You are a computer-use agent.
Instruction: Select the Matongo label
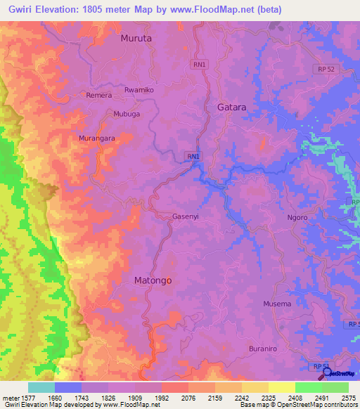(x=153, y=280)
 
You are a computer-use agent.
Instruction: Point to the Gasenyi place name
(x=186, y=217)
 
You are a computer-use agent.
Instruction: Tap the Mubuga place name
(x=127, y=113)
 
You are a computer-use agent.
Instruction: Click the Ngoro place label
(x=297, y=218)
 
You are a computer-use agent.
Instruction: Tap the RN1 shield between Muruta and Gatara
(x=200, y=64)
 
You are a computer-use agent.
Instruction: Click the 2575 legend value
(x=349, y=397)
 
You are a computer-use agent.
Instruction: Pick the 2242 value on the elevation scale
(x=242, y=397)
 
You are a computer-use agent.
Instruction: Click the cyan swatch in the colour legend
(x=41, y=387)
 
